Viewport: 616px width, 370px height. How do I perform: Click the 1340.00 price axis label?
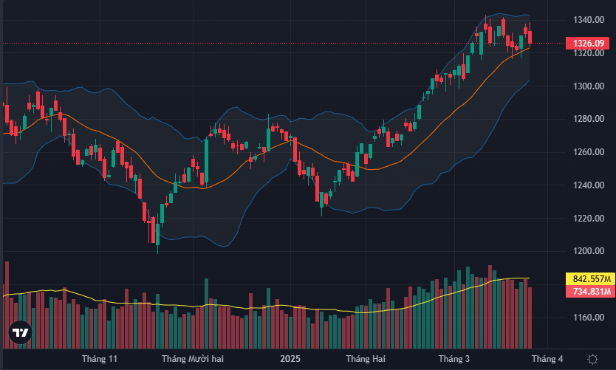(588, 20)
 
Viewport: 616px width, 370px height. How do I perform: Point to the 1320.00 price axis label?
(588, 53)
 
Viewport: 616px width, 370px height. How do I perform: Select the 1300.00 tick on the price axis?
(588, 86)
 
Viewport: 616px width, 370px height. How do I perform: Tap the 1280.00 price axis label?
(588, 119)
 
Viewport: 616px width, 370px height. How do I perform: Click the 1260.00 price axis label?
(588, 152)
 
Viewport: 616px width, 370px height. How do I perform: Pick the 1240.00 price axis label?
(588, 185)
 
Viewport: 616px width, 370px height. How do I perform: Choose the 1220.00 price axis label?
(588, 219)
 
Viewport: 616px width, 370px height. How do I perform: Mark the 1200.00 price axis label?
(588, 251)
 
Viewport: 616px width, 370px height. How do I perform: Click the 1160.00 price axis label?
(588, 318)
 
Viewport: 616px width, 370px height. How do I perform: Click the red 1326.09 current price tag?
(588, 44)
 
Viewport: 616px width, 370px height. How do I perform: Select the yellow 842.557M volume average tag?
(591, 278)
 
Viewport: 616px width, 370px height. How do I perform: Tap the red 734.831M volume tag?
(591, 292)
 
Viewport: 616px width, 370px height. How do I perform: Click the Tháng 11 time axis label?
(100, 359)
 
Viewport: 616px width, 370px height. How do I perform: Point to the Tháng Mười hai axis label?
(192, 359)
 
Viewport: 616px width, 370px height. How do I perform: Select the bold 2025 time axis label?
(290, 359)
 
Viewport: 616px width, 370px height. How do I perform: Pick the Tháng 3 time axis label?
(454, 359)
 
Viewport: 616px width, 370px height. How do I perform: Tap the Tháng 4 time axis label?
(547, 359)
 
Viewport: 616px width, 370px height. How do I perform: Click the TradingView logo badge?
(21, 334)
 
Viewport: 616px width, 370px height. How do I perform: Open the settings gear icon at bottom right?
(592, 359)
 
